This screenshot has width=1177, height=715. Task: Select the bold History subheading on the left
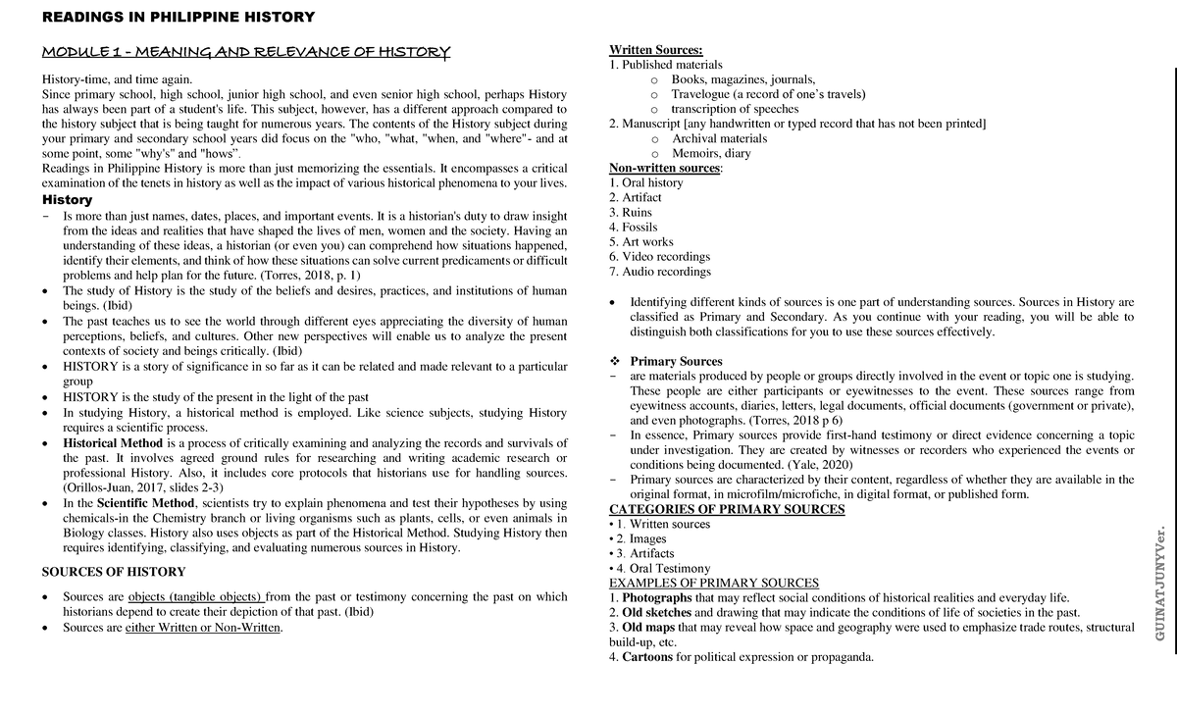pos(67,199)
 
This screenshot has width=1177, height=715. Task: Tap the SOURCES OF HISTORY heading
pos(113,572)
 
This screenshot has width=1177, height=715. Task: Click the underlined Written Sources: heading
pos(656,50)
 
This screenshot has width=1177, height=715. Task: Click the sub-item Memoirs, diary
pos(711,153)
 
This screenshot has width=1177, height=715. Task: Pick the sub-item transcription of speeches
pos(735,109)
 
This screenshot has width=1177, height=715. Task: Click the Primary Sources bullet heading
pos(676,361)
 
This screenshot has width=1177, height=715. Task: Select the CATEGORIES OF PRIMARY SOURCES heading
pos(727,509)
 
